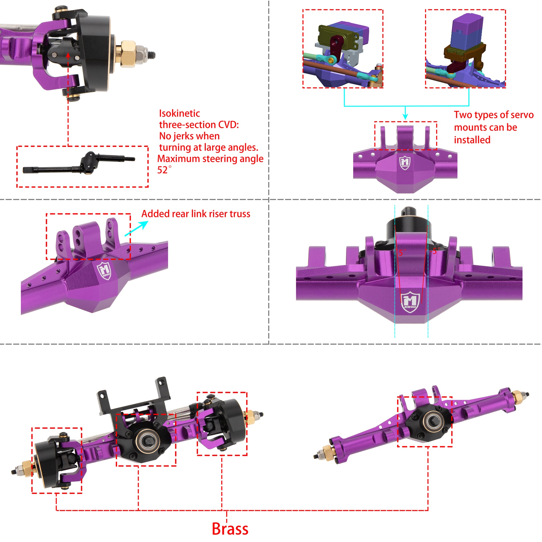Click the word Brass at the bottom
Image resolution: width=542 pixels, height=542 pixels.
click(x=230, y=529)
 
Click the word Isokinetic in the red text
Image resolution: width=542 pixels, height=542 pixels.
click(x=180, y=113)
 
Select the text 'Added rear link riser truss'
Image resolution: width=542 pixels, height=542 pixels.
click(x=196, y=214)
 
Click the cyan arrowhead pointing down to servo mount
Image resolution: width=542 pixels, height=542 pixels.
click(x=405, y=117)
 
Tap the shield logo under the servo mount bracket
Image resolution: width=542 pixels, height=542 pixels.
click(x=405, y=163)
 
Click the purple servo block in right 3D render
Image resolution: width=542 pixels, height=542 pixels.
click(x=467, y=30)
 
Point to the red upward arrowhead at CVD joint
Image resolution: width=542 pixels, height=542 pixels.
click(x=68, y=55)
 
